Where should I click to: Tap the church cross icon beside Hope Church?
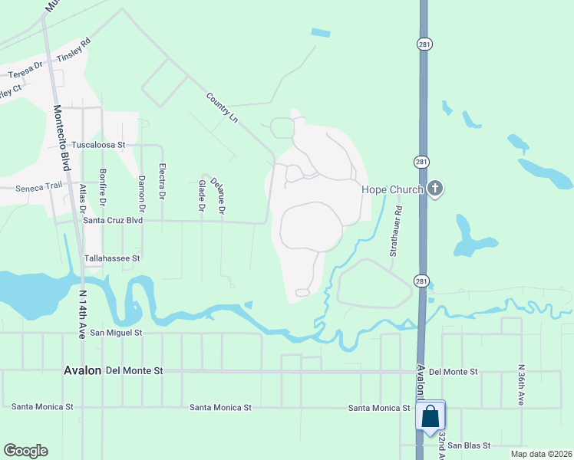pyautogui.click(x=436, y=189)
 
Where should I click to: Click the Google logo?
pyautogui.click(x=25, y=451)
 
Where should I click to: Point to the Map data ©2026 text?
pyautogui.click(x=541, y=454)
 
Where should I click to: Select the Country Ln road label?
pyautogui.click(x=222, y=107)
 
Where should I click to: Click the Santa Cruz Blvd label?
pyautogui.click(x=114, y=220)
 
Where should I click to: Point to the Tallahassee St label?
pyautogui.click(x=112, y=259)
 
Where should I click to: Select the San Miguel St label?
pyautogui.click(x=117, y=333)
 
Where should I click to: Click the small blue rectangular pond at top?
pyautogui.click(x=321, y=33)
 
